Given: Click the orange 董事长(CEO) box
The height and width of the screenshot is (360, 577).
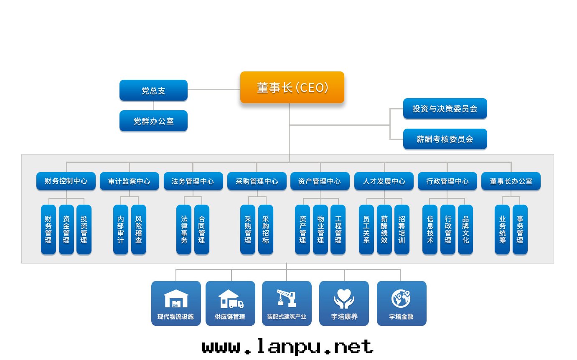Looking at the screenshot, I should click(x=292, y=87).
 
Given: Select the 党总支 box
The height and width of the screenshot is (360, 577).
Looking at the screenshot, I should click(x=153, y=90).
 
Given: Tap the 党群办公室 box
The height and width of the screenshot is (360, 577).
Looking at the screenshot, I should click(x=153, y=121).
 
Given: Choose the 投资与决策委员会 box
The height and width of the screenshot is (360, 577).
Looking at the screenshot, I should click(x=445, y=109).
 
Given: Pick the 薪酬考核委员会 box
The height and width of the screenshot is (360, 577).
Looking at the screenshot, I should click(x=445, y=139).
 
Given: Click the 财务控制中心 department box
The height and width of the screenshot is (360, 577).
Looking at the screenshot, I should click(x=66, y=181).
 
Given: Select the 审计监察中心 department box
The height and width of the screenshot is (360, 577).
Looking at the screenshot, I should click(x=129, y=181).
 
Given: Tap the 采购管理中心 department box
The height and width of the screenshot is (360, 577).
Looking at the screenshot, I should click(x=257, y=181).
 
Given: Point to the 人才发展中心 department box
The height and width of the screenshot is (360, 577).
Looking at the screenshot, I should click(x=384, y=181).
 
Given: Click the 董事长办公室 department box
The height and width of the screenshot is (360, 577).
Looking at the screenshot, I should click(x=511, y=181).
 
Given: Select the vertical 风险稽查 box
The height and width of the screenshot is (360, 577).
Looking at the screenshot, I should click(x=139, y=229).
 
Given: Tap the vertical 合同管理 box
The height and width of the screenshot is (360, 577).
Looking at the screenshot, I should click(x=202, y=229).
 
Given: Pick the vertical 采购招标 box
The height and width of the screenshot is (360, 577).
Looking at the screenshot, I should click(x=266, y=229).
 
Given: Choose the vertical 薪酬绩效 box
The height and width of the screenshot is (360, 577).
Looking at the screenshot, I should click(x=384, y=229).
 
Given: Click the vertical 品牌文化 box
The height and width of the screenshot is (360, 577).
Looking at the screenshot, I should click(x=465, y=229).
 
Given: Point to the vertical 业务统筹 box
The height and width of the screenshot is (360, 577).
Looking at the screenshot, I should click(x=502, y=229).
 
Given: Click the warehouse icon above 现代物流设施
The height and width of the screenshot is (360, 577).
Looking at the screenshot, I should click(x=176, y=299).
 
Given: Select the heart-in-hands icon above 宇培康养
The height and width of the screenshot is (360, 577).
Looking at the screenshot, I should click(x=344, y=299).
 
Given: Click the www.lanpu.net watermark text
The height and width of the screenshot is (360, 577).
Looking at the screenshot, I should click(x=287, y=347).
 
